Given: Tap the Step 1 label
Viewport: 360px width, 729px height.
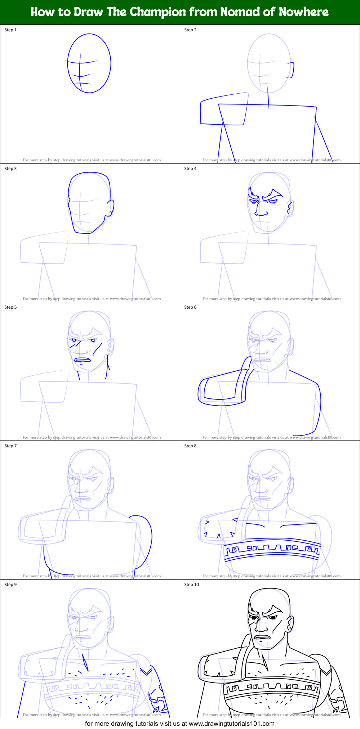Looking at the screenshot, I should (10, 30).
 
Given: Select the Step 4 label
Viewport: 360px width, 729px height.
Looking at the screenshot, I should (190, 169).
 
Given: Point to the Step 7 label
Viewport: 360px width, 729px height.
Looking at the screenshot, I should (10, 446).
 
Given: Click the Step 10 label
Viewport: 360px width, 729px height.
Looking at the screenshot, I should (191, 585).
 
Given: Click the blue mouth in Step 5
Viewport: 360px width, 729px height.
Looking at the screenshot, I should (83, 360).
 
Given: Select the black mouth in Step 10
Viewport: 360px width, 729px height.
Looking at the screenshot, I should (263, 638).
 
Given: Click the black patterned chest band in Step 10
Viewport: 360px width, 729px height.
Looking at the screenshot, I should (272, 688).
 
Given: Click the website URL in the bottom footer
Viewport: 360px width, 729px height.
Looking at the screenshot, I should (231, 724).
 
